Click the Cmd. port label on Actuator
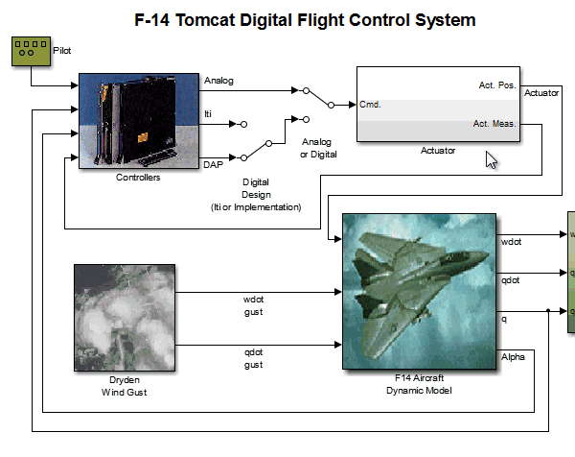pos(370,104)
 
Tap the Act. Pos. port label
pos(496,85)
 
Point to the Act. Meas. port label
pos(494,123)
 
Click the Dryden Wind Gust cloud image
pos(126,318)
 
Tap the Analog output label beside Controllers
pos(218,81)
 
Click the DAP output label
pos(215,166)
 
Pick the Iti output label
pos(208,114)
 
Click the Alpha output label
pos(513,358)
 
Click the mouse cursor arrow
pos(492,158)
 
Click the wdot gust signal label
pos(253,304)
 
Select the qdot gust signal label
pos(253,358)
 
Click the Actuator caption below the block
pos(438,151)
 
